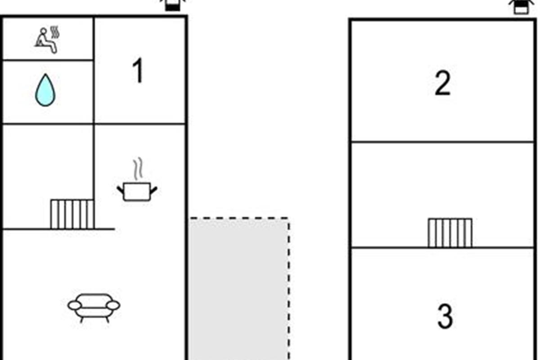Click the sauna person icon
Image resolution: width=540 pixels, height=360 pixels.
click(x=46, y=41)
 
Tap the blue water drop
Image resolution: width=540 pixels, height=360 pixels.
click(x=45, y=90)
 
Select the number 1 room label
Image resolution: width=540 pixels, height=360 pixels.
click(x=138, y=72)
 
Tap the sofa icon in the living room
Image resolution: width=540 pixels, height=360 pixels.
click(x=94, y=307)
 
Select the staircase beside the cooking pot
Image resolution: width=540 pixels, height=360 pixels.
click(x=72, y=214)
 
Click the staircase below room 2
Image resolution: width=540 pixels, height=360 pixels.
click(x=450, y=233)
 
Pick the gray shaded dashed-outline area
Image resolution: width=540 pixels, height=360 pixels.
click(x=238, y=288)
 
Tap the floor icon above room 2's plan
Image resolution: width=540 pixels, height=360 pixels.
click(x=520, y=6)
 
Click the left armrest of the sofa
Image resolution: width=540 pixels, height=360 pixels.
click(x=75, y=306)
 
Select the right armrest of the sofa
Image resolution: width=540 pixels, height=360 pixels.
click(x=113, y=306)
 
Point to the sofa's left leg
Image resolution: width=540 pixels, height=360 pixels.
click(x=82, y=319)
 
